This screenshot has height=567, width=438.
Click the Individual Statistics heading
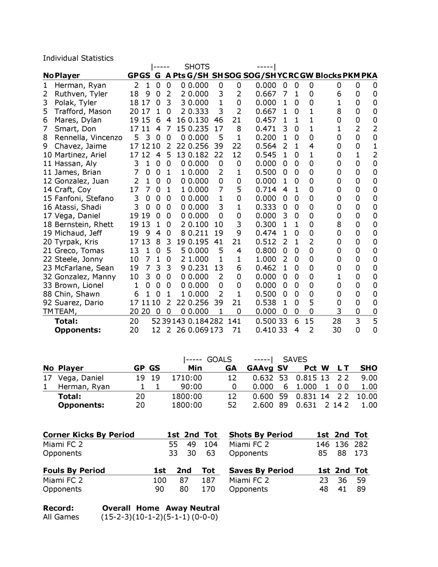(78, 58)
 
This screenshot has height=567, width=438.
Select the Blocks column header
(328, 76)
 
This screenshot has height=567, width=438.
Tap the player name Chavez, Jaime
(80, 146)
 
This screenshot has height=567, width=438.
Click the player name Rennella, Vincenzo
(88, 138)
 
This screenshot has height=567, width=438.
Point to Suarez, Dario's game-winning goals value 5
(311, 303)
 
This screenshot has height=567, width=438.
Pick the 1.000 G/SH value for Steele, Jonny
(198, 259)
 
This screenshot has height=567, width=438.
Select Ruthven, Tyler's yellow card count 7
(285, 94)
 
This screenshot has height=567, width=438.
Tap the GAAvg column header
(260, 368)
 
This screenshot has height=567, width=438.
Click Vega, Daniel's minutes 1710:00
(187, 378)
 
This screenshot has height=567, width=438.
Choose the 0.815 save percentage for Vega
(306, 378)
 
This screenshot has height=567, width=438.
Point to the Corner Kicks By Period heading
(88, 435)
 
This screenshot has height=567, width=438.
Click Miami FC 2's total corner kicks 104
(211, 444)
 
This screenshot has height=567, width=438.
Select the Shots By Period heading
(260, 435)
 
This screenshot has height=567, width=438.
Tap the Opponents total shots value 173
(361, 453)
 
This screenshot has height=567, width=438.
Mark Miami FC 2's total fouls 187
(208, 480)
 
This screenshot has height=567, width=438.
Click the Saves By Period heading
(261, 471)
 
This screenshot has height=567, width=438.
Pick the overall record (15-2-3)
(116, 517)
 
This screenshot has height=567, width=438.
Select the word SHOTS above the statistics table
(197, 67)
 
